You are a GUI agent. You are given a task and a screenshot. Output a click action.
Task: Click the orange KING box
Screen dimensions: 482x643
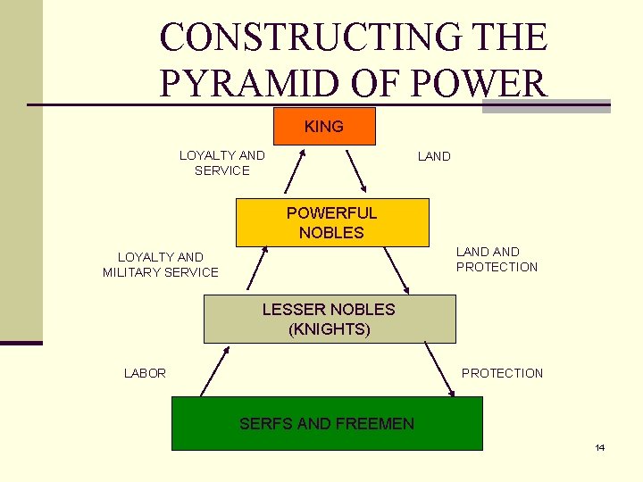324,127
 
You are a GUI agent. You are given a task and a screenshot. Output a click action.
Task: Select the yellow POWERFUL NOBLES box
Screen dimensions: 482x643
331,222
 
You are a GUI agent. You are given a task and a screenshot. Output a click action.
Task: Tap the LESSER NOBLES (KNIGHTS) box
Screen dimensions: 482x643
329,319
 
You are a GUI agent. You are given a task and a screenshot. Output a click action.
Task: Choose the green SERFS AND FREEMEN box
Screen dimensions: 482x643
327,423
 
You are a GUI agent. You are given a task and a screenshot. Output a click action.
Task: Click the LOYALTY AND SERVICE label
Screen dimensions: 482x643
221,162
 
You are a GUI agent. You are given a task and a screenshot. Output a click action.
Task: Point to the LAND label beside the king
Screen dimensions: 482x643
434,156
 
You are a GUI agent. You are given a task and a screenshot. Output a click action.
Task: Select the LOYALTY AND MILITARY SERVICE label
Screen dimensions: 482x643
161,264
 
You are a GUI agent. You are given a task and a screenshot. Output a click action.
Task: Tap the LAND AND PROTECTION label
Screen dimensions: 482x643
497,259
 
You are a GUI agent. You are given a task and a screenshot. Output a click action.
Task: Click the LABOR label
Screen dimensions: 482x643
145,373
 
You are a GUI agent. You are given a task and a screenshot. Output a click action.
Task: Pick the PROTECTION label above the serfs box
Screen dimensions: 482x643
502,373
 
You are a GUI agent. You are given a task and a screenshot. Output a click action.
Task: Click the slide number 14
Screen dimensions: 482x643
600,447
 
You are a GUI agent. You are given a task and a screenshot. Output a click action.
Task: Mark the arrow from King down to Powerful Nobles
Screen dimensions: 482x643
355,171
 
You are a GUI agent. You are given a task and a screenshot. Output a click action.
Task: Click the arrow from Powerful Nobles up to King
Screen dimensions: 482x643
295,170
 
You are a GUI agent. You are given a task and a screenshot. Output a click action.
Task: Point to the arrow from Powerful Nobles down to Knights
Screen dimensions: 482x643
396,270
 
